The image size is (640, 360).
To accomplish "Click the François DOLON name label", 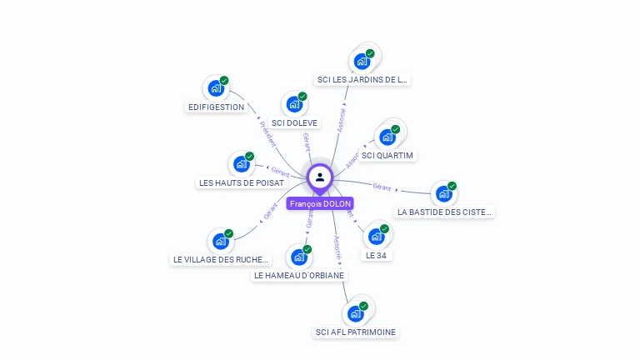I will click(x=320, y=203).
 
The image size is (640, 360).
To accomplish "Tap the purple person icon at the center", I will click(x=320, y=177).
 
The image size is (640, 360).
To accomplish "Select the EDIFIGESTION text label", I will click(x=216, y=107).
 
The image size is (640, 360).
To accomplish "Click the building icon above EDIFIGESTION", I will click(x=216, y=87).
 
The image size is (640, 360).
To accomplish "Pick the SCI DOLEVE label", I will click(x=295, y=122).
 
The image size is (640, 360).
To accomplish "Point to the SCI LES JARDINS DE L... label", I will click(x=362, y=80).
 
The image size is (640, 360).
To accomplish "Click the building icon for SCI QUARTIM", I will click(x=387, y=137).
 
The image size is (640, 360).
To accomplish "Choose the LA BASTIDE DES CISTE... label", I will click(x=444, y=212).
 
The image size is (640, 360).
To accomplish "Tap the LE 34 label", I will click(x=376, y=255).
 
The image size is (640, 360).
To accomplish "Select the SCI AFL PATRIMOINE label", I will click(x=356, y=332).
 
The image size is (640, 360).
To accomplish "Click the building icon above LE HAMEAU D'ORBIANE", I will click(x=298, y=257).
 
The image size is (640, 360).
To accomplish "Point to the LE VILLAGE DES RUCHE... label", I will click(x=221, y=259).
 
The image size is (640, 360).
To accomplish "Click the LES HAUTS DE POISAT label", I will click(x=242, y=182).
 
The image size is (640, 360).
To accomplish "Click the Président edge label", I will click(x=267, y=134).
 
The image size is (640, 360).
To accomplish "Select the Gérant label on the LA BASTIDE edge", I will click(x=382, y=187).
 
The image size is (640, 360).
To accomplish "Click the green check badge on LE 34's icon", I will click(x=384, y=228).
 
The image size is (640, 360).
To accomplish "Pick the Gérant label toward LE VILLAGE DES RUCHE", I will click(x=270, y=211).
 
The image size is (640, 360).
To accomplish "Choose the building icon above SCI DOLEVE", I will click(x=293, y=104).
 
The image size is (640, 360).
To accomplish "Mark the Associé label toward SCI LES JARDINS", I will click(x=342, y=118).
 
